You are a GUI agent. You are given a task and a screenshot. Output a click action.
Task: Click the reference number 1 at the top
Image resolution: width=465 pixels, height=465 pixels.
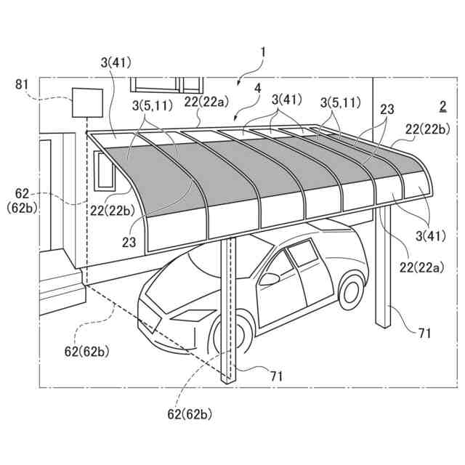tap(263, 52)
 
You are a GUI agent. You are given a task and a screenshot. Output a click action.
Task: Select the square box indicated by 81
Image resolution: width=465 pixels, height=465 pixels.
tap(86, 102)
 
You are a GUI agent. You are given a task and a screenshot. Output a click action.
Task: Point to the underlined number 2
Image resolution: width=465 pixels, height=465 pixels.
tap(442, 106)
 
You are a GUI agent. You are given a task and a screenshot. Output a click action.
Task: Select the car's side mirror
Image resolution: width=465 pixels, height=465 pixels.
tap(270, 279)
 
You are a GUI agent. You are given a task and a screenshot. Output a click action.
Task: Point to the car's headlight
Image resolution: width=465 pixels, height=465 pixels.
tap(190, 315)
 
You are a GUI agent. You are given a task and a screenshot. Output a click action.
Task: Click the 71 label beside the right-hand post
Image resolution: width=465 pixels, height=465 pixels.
tap(424, 333)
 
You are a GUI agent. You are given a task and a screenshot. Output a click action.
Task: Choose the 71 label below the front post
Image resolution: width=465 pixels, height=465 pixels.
tap(276, 376)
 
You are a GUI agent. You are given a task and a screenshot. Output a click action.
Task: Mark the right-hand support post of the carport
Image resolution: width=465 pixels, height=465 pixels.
tap(383, 269)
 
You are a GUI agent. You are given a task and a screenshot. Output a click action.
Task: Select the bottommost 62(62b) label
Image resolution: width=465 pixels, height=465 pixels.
tap(193, 415)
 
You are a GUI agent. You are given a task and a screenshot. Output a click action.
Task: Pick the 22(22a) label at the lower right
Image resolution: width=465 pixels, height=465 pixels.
tap(419, 268)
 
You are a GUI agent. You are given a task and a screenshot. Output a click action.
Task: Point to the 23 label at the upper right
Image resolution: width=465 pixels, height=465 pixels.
tap(387, 110)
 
